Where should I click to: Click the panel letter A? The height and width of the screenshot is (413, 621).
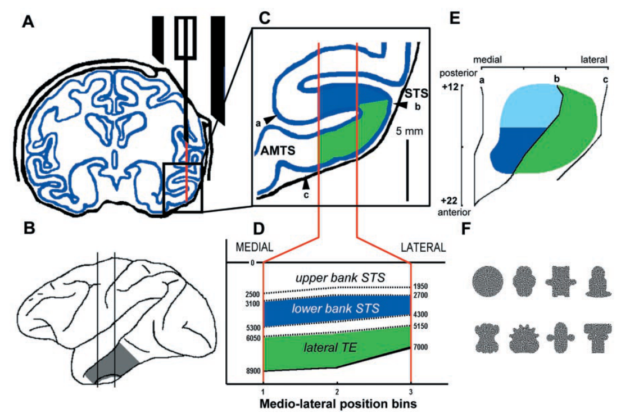(x=28, y=21)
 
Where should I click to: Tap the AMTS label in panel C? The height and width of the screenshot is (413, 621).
(x=278, y=151)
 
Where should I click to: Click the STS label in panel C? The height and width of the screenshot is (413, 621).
(x=416, y=93)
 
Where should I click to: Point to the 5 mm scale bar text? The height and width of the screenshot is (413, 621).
(x=409, y=131)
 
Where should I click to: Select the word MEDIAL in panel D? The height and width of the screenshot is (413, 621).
(x=254, y=247)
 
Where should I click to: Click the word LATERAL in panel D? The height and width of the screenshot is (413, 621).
(x=423, y=247)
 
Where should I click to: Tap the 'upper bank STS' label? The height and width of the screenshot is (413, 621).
(x=340, y=278)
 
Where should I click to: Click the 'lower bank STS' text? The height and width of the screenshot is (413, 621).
(x=336, y=308)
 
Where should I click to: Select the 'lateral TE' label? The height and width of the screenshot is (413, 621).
(x=330, y=348)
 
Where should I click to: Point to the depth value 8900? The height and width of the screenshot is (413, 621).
(x=253, y=371)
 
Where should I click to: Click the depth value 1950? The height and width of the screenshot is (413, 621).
(x=420, y=286)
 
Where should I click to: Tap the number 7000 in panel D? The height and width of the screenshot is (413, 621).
(x=420, y=347)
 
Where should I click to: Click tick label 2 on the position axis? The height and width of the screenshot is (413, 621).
(x=337, y=392)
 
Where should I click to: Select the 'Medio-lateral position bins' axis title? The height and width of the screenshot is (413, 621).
(x=338, y=404)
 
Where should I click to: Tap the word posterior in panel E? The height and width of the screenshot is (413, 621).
(x=458, y=73)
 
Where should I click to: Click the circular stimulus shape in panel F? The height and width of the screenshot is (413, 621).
(x=488, y=281)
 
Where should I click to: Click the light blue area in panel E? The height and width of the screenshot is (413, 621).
(x=529, y=106)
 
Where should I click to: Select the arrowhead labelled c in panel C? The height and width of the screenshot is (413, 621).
(x=305, y=184)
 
